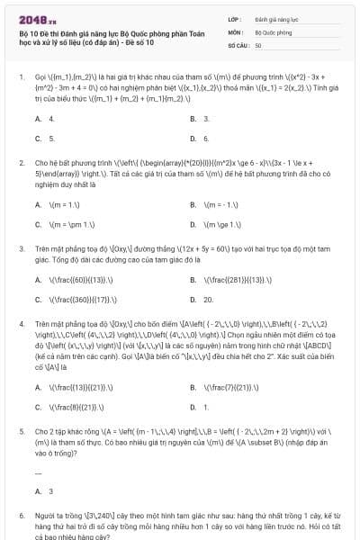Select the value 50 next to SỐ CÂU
point(258,44)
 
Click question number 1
point(21,77)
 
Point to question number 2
point(21,163)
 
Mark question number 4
point(21,322)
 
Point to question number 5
point(21,429)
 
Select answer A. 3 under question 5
point(44,491)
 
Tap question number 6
point(21,515)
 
